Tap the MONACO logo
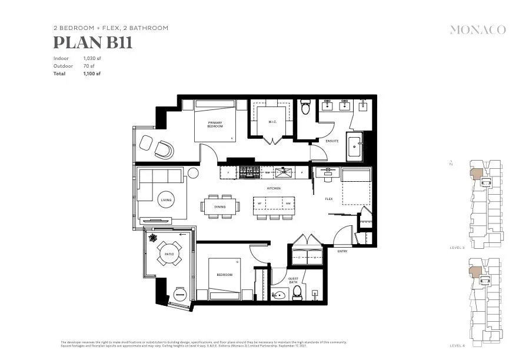click(x=477, y=30)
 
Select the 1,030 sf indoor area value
click(x=92, y=58)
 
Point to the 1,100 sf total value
click(x=92, y=74)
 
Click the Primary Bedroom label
click(x=215, y=125)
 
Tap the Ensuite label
click(x=332, y=141)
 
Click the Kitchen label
click(x=274, y=188)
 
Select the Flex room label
click(x=329, y=199)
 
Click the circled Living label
click(x=167, y=201)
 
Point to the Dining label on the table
click(x=220, y=206)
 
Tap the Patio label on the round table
click(x=169, y=254)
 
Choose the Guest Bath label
click(x=293, y=281)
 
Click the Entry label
click(x=342, y=251)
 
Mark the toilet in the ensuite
click(x=305, y=108)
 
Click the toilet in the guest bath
click(x=297, y=292)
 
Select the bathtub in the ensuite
click(x=355, y=146)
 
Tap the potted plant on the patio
click(x=153, y=238)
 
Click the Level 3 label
click(x=457, y=248)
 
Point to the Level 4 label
click(x=457, y=345)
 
